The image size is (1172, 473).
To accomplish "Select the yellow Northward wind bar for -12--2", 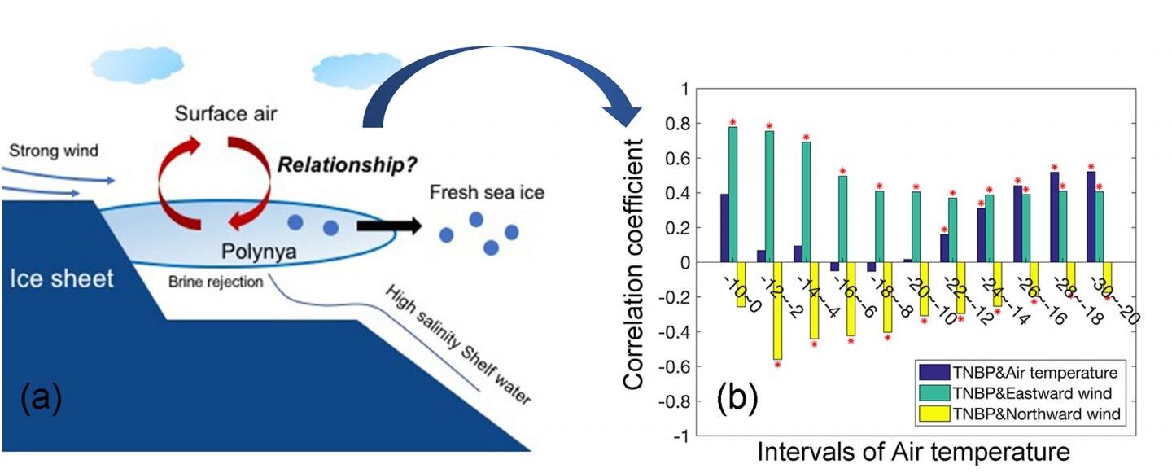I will [777, 310].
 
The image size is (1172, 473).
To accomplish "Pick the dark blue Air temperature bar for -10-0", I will [724, 228].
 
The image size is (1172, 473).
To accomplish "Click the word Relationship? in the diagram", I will [348, 164].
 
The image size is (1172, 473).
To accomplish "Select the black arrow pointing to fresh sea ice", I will [388, 226].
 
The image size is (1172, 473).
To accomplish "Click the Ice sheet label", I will [62, 278].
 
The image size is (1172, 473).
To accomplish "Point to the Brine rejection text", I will [216, 282].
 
